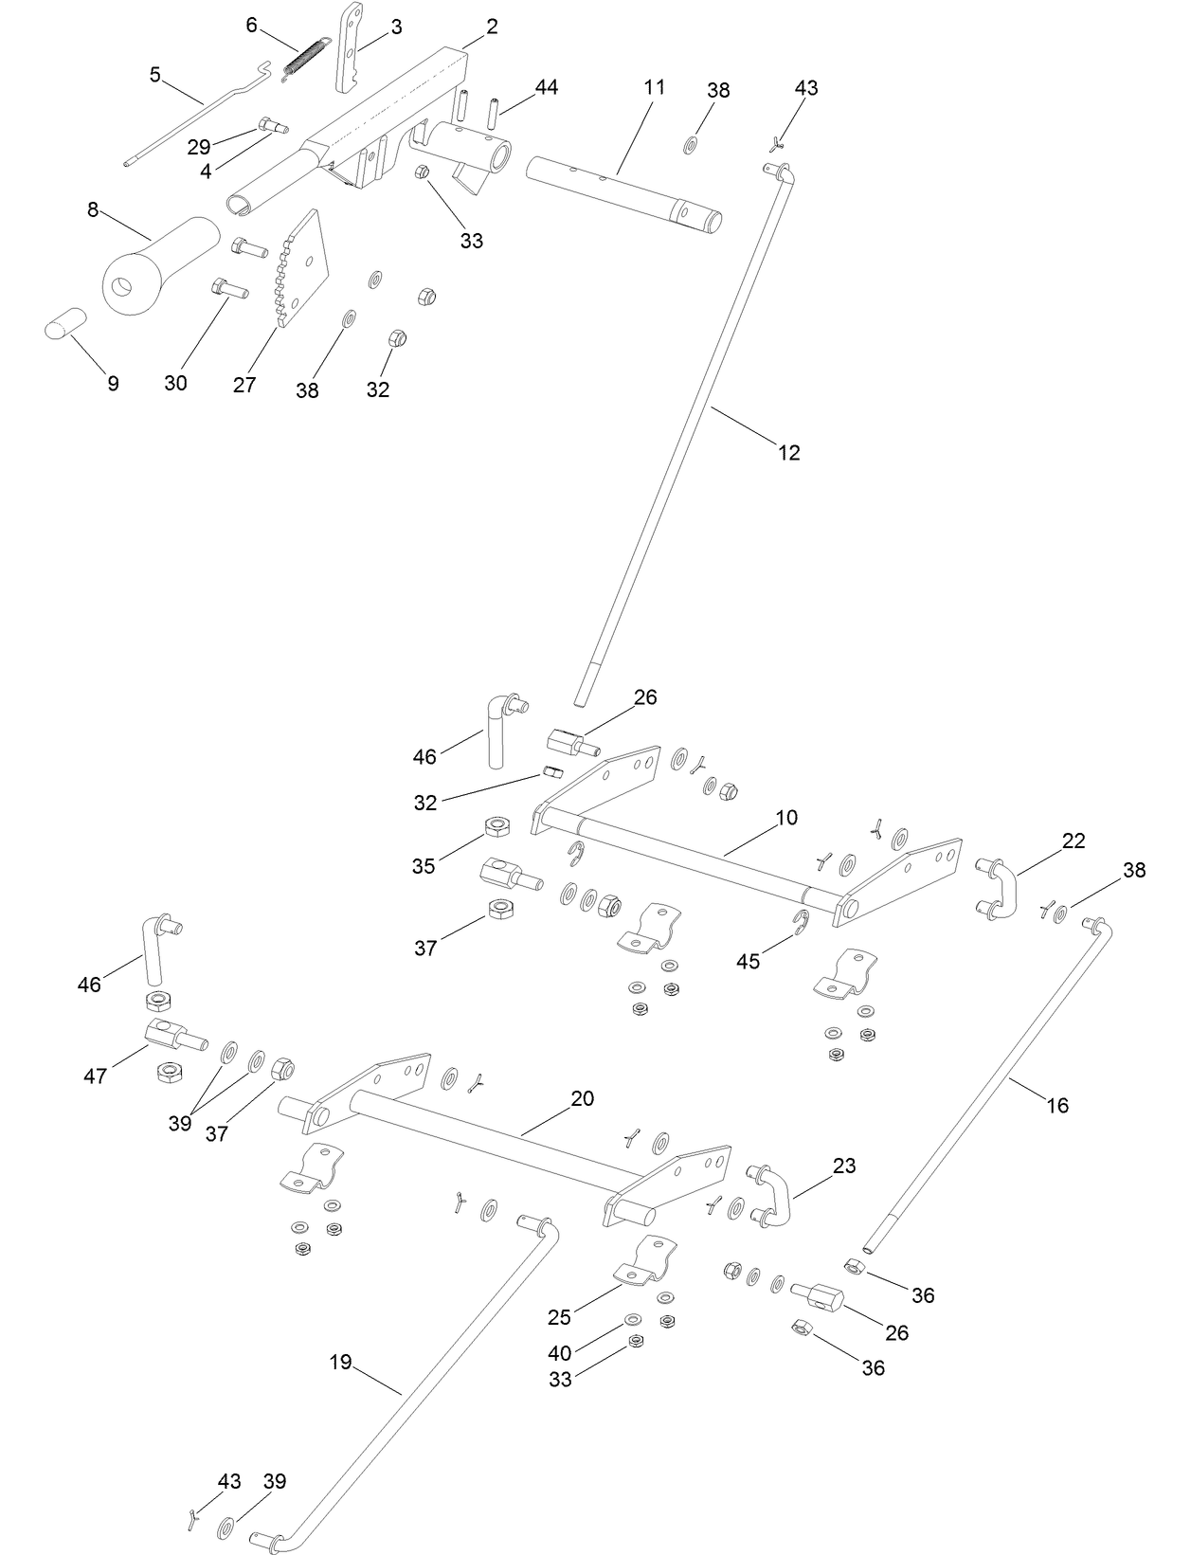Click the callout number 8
click(x=93, y=209)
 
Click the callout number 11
click(x=654, y=87)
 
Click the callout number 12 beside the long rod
click(x=788, y=453)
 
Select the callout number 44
click(x=547, y=87)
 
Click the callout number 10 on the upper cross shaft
click(x=786, y=817)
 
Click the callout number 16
click(x=1057, y=1105)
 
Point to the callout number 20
click(x=583, y=1098)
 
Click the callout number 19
click(x=340, y=1362)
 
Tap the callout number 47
click(x=95, y=1076)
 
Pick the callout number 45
click(x=749, y=962)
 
